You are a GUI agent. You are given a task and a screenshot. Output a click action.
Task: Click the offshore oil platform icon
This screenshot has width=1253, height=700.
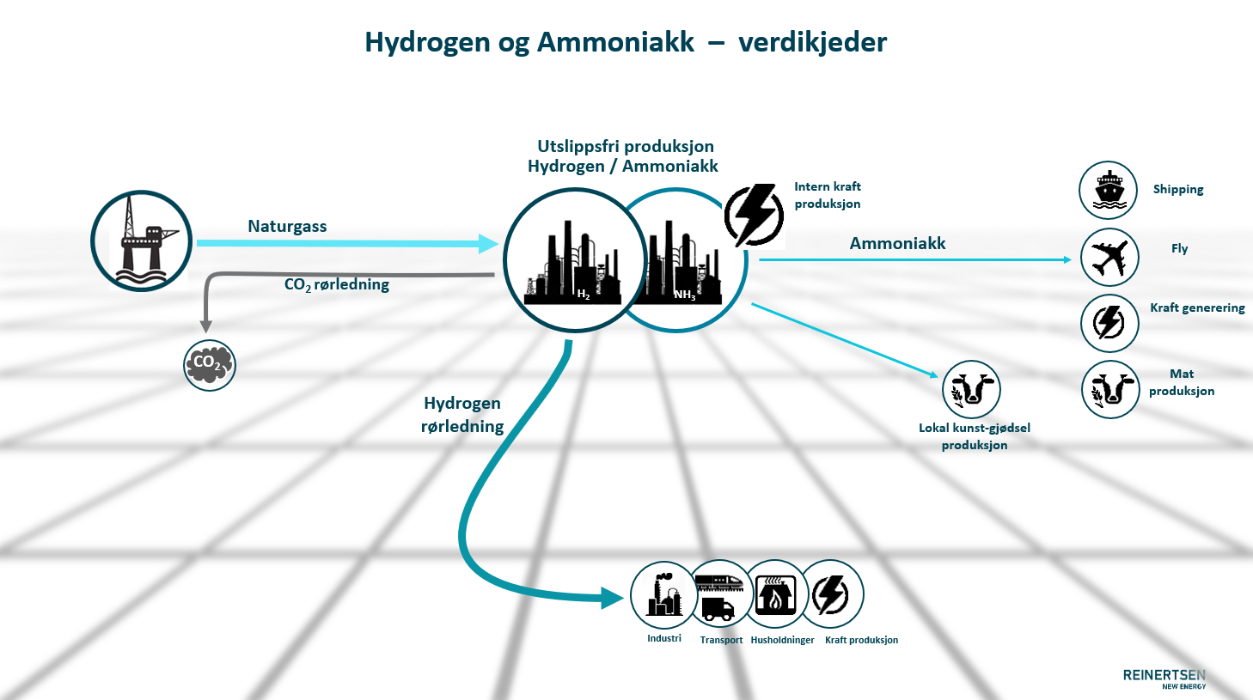(x=142, y=240)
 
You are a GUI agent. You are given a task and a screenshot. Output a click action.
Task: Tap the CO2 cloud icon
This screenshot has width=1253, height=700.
(x=210, y=365)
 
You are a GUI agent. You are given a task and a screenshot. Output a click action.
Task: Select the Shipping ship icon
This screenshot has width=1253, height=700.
(x=1109, y=190)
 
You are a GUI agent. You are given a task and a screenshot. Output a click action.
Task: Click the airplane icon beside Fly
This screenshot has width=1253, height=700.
(x=1109, y=258)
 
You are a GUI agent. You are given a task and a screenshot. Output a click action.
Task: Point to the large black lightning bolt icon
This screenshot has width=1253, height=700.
(x=754, y=215)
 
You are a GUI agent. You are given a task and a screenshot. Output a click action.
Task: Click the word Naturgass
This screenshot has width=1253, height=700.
(x=287, y=227)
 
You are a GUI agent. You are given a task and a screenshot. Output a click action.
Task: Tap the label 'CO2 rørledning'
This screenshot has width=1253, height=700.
(x=337, y=284)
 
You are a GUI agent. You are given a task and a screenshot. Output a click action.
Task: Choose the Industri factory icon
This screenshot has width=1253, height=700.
(x=663, y=594)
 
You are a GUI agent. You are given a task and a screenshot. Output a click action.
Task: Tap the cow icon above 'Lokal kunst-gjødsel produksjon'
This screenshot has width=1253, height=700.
(x=971, y=389)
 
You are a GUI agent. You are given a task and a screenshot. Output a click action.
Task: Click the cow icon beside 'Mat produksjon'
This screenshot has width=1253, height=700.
(x=1110, y=390)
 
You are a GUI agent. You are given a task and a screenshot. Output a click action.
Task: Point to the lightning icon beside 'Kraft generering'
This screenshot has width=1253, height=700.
(x=1109, y=323)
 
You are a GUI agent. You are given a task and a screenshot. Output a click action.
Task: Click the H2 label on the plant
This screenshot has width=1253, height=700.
(x=584, y=295)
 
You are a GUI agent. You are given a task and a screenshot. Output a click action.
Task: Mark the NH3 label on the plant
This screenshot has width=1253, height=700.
(x=684, y=295)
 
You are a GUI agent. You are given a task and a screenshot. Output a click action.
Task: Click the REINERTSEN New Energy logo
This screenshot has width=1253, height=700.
(x=1164, y=679)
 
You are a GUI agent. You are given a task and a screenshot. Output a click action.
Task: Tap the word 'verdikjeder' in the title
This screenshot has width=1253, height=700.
(x=812, y=42)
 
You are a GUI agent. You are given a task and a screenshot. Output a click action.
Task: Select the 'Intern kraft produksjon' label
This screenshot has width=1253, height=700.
(x=827, y=195)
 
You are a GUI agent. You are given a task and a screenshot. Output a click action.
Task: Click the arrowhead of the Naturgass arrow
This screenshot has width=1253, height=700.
(x=489, y=243)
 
